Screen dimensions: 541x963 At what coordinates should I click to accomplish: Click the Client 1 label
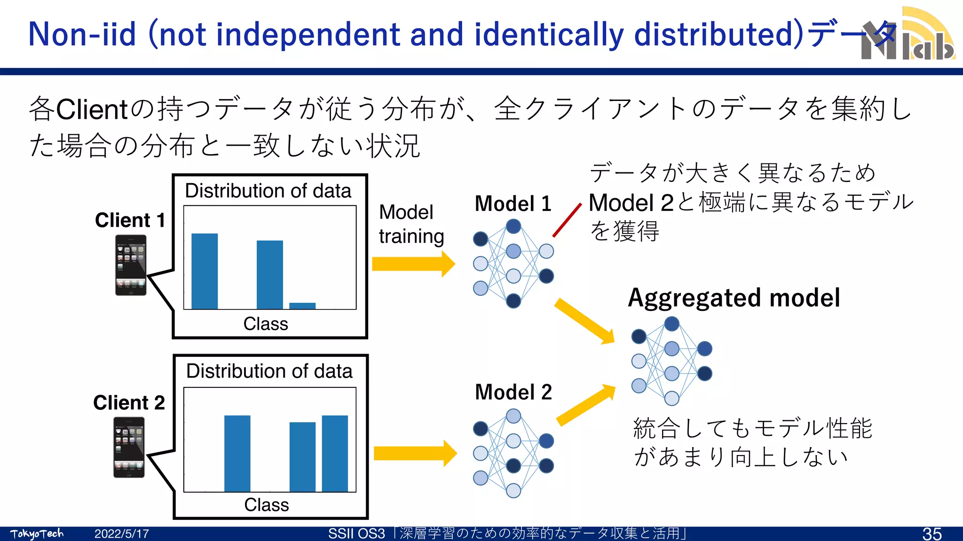pyautogui.click(x=130, y=220)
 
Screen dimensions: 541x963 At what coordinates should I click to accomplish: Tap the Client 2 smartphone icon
pyautogui.click(x=129, y=447)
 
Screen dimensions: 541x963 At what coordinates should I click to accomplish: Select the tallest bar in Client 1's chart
pyautogui.click(x=205, y=271)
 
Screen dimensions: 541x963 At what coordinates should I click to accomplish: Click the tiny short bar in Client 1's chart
pyautogui.click(x=302, y=306)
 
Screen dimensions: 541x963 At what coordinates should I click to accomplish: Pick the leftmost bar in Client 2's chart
pyautogui.click(x=237, y=453)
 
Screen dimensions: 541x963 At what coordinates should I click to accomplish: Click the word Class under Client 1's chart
pyautogui.click(x=266, y=324)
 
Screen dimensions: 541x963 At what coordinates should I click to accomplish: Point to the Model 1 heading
pyautogui.click(x=513, y=204)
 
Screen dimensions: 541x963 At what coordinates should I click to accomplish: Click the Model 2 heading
pyautogui.click(x=513, y=392)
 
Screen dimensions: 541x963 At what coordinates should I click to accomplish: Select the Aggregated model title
pyautogui.click(x=734, y=298)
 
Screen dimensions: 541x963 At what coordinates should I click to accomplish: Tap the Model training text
pyautogui.click(x=410, y=224)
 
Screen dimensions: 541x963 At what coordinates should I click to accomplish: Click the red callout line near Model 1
pyautogui.click(x=567, y=220)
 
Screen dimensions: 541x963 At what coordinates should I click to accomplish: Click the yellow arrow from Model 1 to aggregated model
pyautogui.click(x=584, y=321)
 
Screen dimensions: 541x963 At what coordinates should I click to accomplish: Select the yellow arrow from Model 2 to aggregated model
pyautogui.click(x=586, y=405)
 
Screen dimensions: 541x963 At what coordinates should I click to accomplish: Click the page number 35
pyautogui.click(x=931, y=534)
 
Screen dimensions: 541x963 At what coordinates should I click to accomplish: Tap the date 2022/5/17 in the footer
pyautogui.click(x=121, y=534)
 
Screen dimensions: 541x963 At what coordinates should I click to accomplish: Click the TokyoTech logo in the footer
pyautogui.click(x=37, y=534)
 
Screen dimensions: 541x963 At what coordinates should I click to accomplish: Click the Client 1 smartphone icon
pyautogui.click(x=131, y=265)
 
